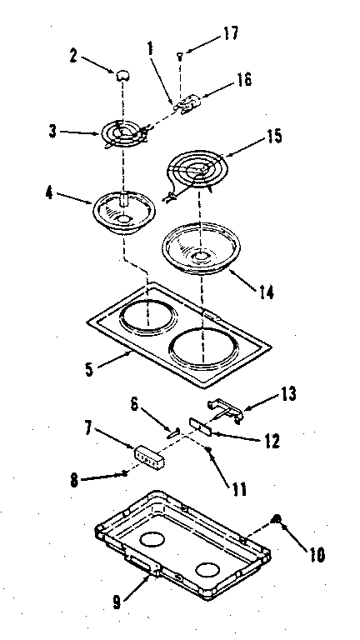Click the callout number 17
[x=207, y=33]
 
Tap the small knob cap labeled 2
[x=124, y=75]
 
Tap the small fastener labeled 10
[x=277, y=521]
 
